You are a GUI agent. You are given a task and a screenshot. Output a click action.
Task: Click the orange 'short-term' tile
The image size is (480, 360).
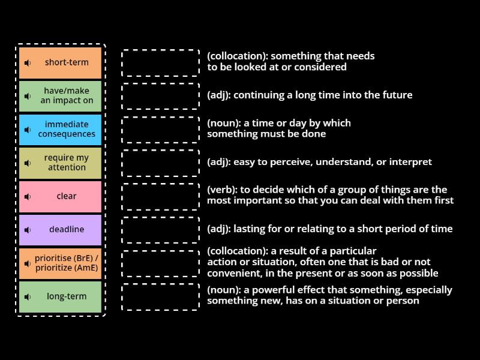[61, 63]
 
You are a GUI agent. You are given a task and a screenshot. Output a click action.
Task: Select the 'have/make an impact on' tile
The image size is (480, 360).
[61, 96]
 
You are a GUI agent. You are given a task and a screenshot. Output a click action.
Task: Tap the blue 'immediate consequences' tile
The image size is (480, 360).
[61, 130]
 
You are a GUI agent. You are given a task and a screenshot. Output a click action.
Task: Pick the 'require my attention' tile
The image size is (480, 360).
[61, 163]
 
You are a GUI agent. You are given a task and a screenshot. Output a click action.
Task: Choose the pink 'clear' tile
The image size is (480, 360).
[61, 196]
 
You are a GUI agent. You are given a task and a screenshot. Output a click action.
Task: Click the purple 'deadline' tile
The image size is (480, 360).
[61, 230]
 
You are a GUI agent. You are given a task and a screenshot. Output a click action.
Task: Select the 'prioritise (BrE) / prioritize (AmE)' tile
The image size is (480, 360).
[61, 263]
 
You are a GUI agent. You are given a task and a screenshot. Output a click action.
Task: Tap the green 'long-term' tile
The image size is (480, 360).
[61, 296]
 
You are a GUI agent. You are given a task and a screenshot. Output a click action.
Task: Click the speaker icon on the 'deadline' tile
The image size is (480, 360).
[28, 230]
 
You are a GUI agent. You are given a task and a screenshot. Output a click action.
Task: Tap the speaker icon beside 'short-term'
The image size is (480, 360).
[28, 63]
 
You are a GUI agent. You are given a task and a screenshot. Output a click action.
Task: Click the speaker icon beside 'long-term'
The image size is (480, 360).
[28, 296]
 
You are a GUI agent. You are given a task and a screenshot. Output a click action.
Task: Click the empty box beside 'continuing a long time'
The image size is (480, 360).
[160, 96]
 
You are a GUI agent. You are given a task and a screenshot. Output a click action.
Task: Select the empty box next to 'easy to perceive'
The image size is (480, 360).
[160, 163]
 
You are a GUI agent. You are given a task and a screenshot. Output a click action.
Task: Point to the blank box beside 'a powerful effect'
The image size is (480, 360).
[160, 296]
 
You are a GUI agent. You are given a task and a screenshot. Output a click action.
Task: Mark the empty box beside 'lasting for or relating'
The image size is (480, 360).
[160, 230]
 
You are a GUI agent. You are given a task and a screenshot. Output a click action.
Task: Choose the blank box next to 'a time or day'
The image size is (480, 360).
[160, 130]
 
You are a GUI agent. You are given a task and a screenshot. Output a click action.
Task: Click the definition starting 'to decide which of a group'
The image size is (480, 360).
[330, 195]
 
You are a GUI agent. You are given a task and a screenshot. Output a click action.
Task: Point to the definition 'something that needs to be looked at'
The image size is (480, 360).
[291, 62]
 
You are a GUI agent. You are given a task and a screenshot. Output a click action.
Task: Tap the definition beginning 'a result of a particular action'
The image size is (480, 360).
[322, 262]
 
